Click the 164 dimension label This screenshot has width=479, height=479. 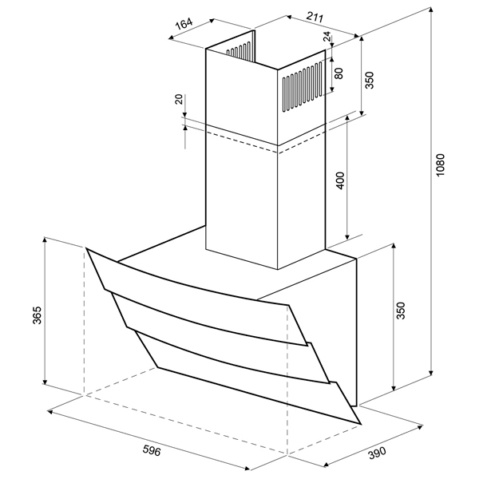click(184, 23)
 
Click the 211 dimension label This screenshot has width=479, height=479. click(315, 18)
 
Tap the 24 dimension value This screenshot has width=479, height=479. click(327, 37)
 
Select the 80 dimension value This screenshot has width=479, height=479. click(338, 73)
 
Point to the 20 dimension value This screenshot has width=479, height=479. click(179, 99)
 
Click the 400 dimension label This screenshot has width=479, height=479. click(341, 181)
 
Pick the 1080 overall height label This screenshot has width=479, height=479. click(441, 165)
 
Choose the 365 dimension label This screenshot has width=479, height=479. click(38, 315)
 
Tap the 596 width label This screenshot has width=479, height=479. click(152, 450)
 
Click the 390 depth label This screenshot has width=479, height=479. click(377, 453)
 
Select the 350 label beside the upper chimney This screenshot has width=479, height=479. click(370, 80)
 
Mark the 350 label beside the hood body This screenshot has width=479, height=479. click(401, 311)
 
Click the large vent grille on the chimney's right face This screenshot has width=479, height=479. click(302, 87)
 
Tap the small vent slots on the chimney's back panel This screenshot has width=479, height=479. click(239, 51)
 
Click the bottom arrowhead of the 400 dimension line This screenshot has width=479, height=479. click(347, 236)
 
